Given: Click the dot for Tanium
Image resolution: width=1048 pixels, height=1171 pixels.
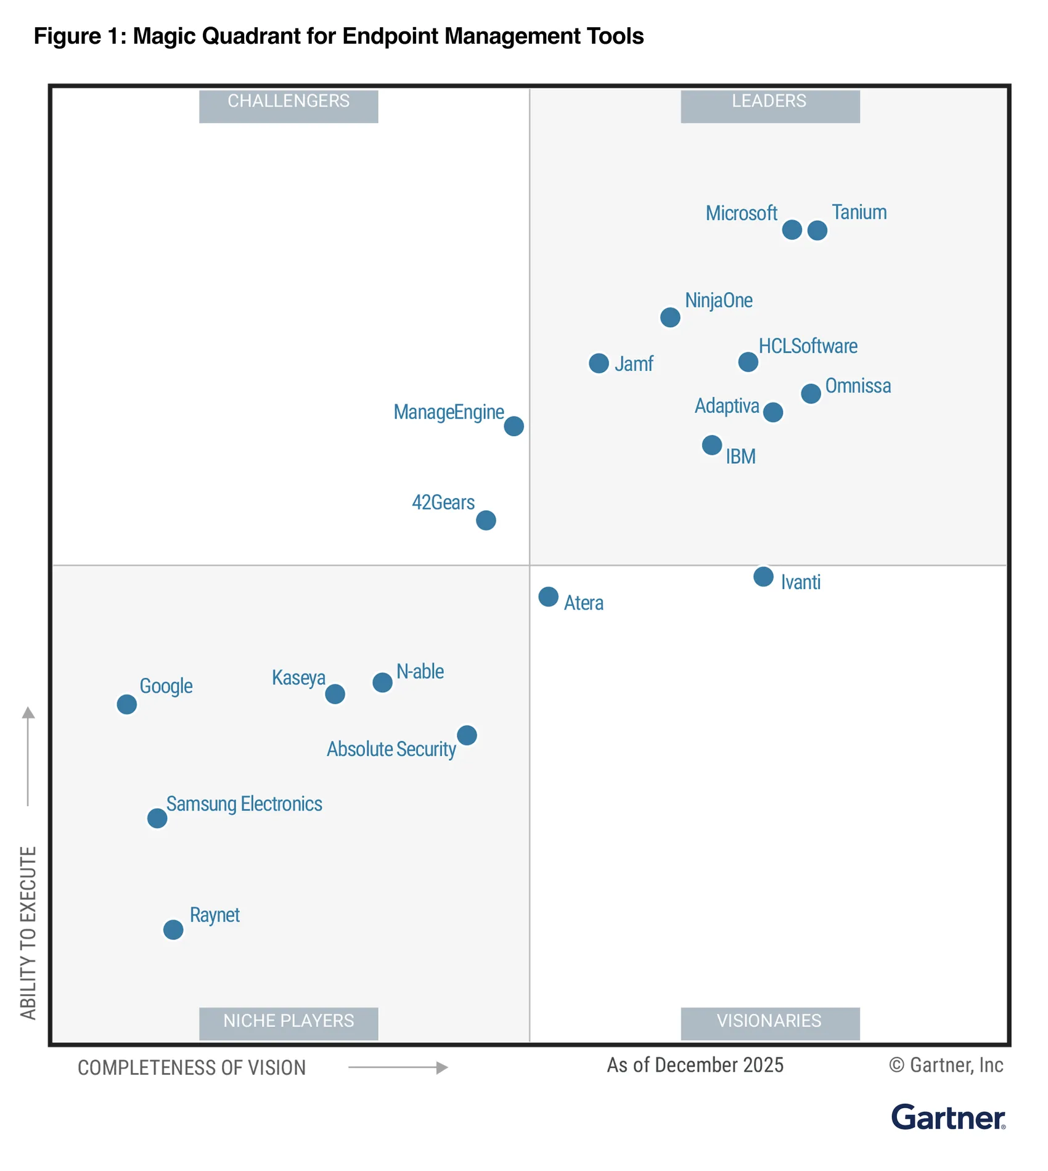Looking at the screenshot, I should (x=817, y=231).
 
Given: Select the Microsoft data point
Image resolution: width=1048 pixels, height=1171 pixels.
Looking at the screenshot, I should (x=792, y=230).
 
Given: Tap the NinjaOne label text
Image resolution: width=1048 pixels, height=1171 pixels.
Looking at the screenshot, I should (x=719, y=301).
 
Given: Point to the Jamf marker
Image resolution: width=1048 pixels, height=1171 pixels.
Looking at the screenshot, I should (x=599, y=363).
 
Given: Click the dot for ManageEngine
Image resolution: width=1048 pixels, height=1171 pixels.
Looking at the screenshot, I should (x=514, y=426).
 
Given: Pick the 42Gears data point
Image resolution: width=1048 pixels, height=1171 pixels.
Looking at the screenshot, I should (x=486, y=520).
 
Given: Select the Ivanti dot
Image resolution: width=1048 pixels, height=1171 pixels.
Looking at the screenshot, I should (x=763, y=576).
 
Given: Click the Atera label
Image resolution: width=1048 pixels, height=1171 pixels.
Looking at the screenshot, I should (x=584, y=603).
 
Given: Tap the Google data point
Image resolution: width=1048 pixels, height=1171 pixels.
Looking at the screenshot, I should (x=127, y=704).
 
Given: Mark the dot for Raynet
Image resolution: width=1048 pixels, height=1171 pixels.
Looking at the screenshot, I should (x=173, y=929).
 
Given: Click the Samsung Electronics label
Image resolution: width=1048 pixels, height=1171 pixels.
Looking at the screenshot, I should (x=244, y=804).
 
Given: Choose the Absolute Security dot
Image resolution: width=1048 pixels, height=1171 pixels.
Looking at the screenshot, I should (x=467, y=735).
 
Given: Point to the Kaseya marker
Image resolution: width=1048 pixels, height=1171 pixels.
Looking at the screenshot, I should (x=335, y=694).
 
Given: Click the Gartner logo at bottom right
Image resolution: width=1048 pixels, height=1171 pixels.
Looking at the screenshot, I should (x=948, y=1117).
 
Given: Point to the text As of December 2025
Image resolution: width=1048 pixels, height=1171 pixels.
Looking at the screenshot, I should (x=695, y=1065).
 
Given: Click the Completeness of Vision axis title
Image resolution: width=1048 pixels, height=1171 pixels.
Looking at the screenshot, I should (x=192, y=1067).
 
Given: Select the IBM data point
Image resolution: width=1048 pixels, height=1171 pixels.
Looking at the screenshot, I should (x=712, y=445).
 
